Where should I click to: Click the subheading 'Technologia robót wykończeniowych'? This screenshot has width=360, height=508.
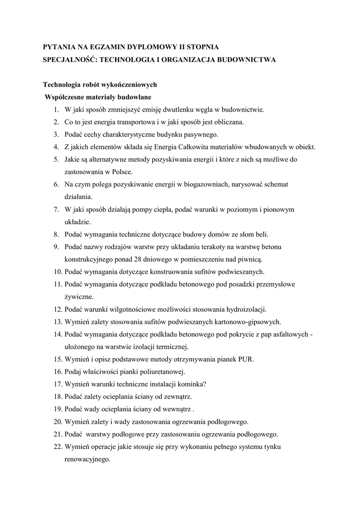click(100, 84)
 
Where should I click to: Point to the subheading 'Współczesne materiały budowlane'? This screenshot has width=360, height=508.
click(98, 97)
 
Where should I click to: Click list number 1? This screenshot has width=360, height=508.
click(57, 109)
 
